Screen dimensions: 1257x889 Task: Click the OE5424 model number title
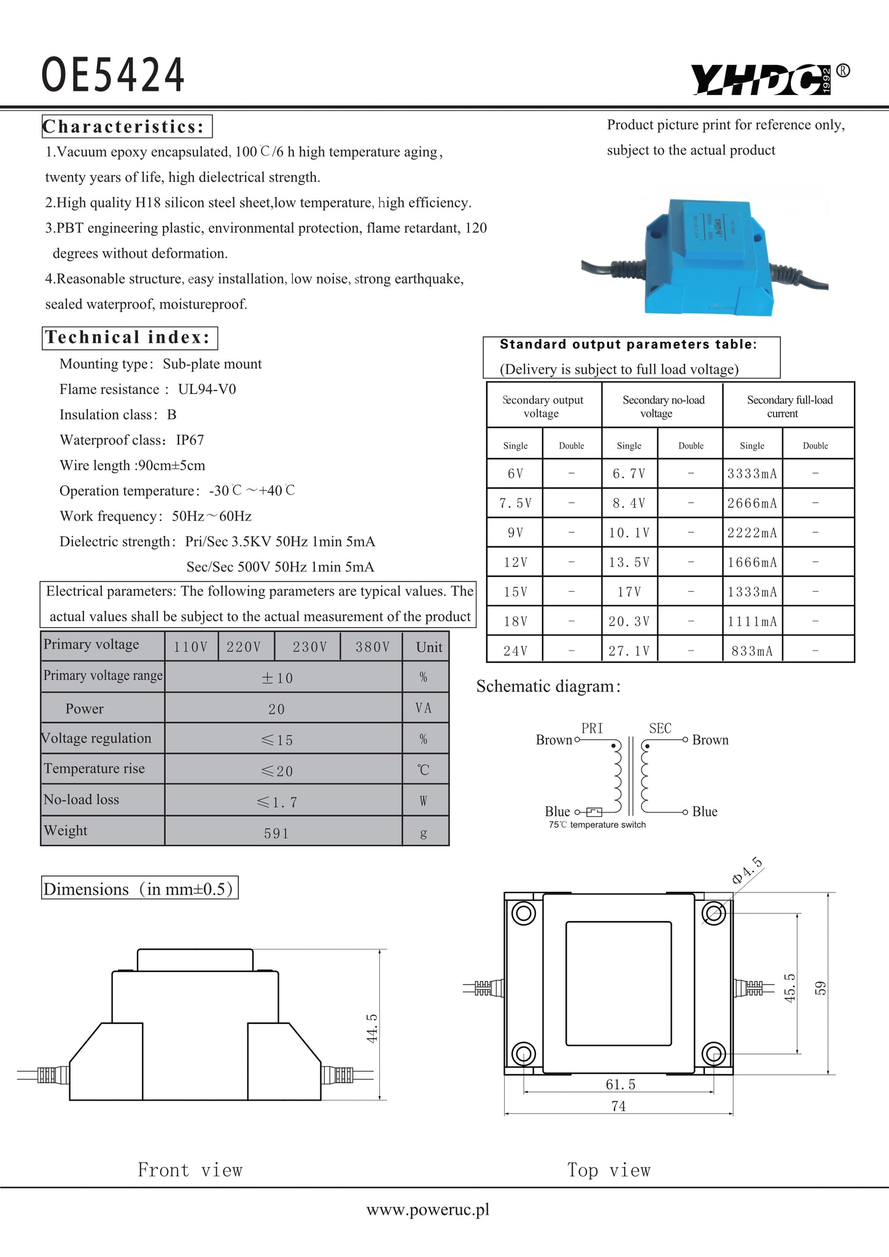click(x=113, y=75)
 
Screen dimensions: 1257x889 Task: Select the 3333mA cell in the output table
click(x=752, y=474)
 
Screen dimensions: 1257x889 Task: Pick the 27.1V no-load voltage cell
click(x=629, y=651)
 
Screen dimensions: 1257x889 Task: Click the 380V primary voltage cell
click(x=372, y=647)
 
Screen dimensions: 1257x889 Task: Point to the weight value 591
click(x=276, y=833)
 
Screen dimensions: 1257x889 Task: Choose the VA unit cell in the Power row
click(x=424, y=708)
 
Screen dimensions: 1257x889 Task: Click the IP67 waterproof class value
click(x=190, y=440)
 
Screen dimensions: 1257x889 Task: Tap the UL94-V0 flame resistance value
click(x=207, y=389)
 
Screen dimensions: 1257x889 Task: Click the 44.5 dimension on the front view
click(x=372, y=1027)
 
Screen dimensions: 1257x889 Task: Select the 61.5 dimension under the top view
click(x=620, y=1085)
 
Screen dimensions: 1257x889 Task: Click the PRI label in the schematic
click(x=592, y=728)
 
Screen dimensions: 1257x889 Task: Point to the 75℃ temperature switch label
click(x=597, y=825)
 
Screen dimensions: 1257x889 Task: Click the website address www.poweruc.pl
click(x=428, y=1209)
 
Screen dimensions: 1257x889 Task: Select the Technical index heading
click(x=128, y=338)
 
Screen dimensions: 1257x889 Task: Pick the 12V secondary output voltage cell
click(x=515, y=562)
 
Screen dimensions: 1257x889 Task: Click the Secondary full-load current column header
click(x=789, y=406)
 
